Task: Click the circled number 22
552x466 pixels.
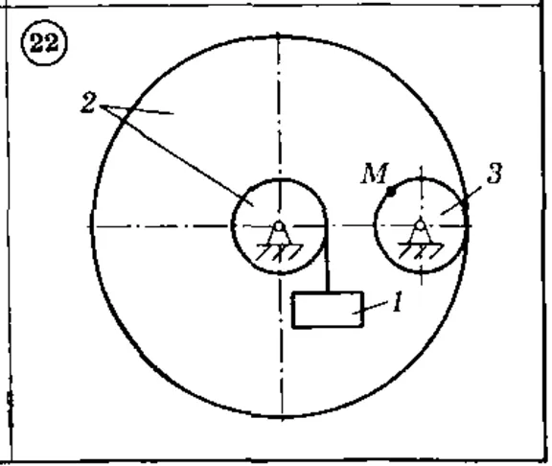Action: [44, 43]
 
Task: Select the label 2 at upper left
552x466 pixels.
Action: [88, 103]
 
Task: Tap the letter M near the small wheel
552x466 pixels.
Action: [375, 173]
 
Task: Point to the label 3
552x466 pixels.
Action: [494, 174]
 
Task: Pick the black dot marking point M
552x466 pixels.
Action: [391, 191]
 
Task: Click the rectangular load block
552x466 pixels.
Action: [328, 310]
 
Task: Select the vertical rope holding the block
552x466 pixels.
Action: [328, 258]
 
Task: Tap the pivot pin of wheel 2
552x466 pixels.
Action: [279, 226]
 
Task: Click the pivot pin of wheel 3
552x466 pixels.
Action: [421, 225]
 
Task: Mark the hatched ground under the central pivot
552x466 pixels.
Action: [280, 252]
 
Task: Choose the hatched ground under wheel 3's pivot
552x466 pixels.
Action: [421, 251]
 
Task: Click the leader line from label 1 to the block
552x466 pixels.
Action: [370, 308]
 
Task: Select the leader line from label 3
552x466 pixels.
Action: [461, 200]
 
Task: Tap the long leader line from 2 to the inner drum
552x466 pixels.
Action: [176, 155]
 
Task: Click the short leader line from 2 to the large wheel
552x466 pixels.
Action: [137, 109]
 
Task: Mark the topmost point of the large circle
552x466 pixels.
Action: [279, 35]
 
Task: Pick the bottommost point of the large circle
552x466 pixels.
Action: [282, 416]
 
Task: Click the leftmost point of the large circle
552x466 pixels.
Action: [92, 226]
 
